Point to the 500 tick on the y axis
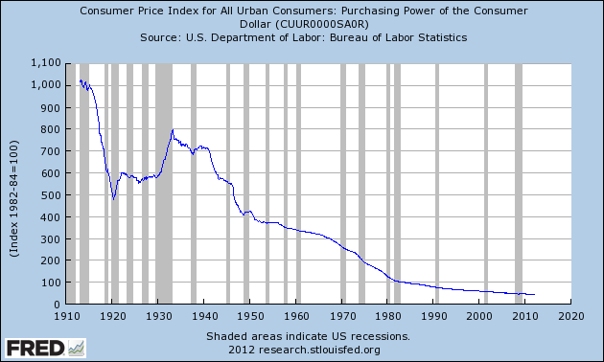click(50, 194)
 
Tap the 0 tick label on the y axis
click(58, 305)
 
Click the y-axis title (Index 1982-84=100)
click(15, 184)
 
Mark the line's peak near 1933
click(172, 129)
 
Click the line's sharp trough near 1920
click(114, 200)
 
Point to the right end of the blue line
click(535, 294)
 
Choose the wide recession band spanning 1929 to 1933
click(164, 183)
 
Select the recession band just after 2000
click(486, 183)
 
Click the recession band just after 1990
click(436, 183)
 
